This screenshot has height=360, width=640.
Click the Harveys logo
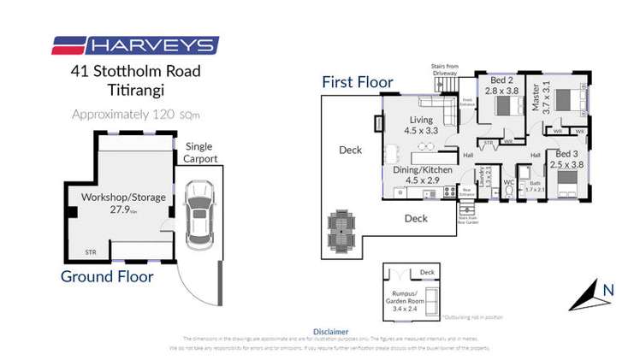pyautogui.click(x=135, y=45)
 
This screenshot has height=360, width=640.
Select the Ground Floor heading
pyautogui.click(x=106, y=276)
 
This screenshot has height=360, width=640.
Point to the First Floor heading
pyautogui.click(x=357, y=82)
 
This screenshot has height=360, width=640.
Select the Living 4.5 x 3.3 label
pyautogui.click(x=420, y=126)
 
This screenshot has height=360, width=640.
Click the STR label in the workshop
pyautogui.click(x=90, y=251)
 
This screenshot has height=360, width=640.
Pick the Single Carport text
pyautogui.click(x=199, y=153)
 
